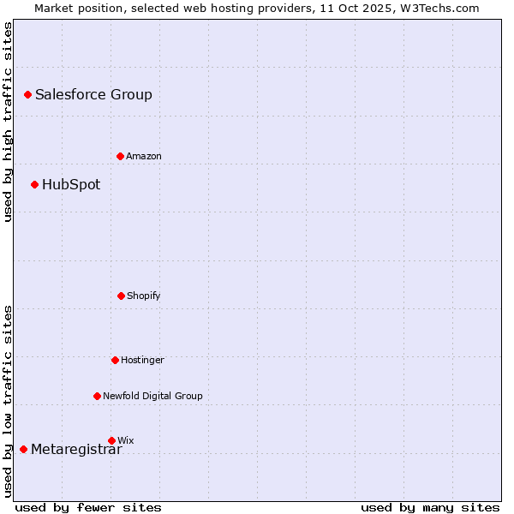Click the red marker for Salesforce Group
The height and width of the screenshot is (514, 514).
[x=27, y=94]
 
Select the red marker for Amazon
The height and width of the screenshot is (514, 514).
[x=120, y=156]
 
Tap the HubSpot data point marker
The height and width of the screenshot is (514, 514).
[x=34, y=184]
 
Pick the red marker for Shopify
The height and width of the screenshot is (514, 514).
[x=121, y=296]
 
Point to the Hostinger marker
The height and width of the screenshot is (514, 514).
[x=115, y=360]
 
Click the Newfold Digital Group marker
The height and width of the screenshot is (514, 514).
[x=97, y=396]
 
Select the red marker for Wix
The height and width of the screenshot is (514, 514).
[x=111, y=440]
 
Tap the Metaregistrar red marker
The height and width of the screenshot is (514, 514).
[x=23, y=449]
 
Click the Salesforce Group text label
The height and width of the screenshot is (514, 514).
[x=93, y=94]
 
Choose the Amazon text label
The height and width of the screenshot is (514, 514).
[x=143, y=156]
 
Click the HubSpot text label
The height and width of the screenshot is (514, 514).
[x=71, y=184]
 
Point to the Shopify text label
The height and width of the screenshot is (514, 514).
[x=143, y=296]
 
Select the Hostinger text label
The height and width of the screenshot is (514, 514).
[x=142, y=360]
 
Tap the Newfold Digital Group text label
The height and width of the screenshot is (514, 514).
[x=152, y=396]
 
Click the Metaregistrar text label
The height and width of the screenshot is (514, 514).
[x=76, y=450]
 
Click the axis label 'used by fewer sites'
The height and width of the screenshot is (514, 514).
[x=88, y=507]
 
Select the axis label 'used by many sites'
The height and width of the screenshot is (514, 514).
[x=430, y=507]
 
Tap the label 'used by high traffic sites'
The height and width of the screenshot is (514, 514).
[x=8, y=122]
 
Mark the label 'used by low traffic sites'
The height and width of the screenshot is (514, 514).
[x=8, y=401]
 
